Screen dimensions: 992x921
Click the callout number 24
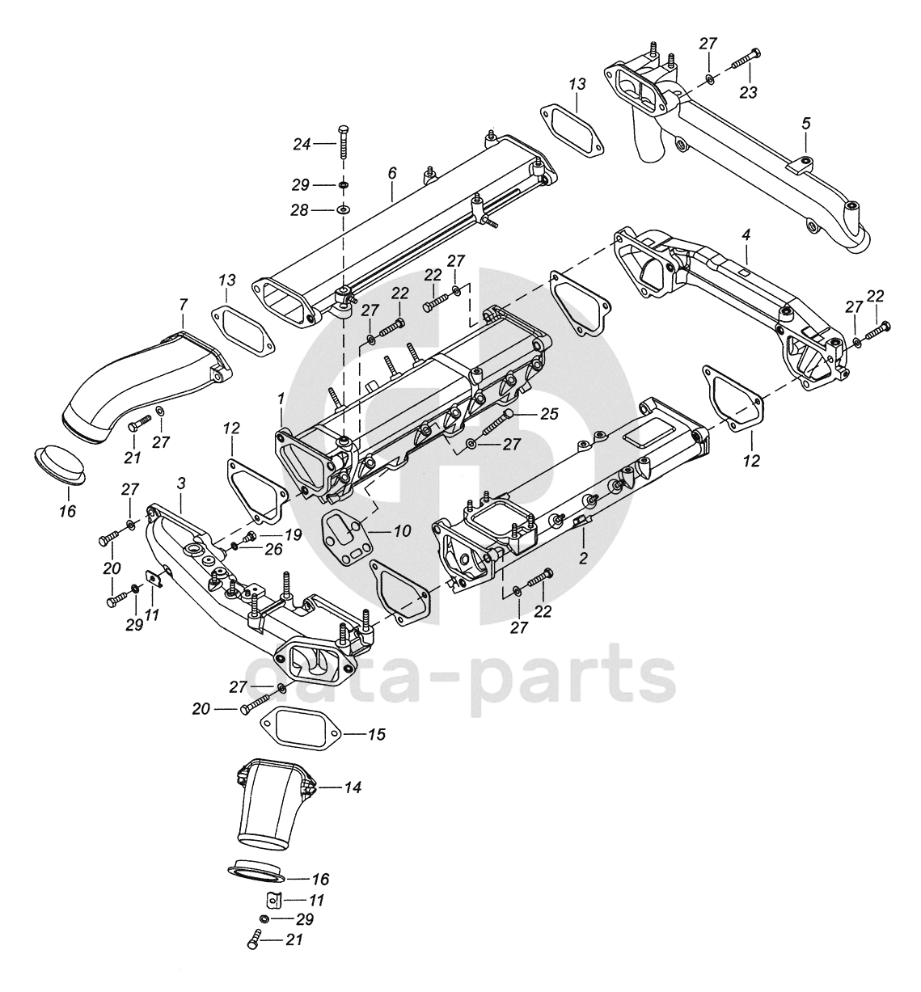(x=302, y=145)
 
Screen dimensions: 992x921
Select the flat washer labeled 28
(x=343, y=210)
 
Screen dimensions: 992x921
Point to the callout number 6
(x=392, y=172)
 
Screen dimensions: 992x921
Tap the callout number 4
(x=746, y=234)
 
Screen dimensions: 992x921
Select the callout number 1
(x=281, y=399)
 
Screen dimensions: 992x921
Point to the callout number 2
(x=582, y=557)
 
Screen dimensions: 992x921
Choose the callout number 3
(x=181, y=483)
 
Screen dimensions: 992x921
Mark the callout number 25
(x=549, y=414)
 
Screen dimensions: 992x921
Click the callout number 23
(x=748, y=92)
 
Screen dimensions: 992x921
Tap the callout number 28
(x=300, y=210)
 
